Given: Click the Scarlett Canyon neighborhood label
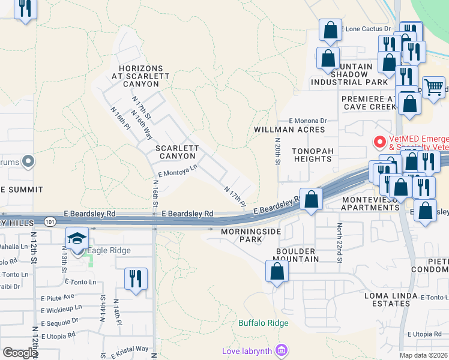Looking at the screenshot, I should pos(176,152).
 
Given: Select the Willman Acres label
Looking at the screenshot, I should pos(289,130).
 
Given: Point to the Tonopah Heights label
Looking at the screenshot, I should pos(312,155).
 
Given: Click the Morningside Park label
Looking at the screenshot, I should pos(241,235).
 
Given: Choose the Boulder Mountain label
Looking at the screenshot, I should pos(297,255).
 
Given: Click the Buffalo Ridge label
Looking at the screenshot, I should pos(264,323).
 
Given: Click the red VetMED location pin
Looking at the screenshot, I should pos(379,142).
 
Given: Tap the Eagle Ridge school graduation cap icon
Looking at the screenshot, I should pos(77,239).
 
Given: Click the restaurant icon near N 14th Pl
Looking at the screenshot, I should pos(135,278).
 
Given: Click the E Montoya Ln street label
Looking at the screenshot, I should pos(178,172).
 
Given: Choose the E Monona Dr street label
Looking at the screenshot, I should pos(307,121).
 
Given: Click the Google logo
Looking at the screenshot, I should pos(20,353).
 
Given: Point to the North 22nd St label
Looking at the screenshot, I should pos(339,242).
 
